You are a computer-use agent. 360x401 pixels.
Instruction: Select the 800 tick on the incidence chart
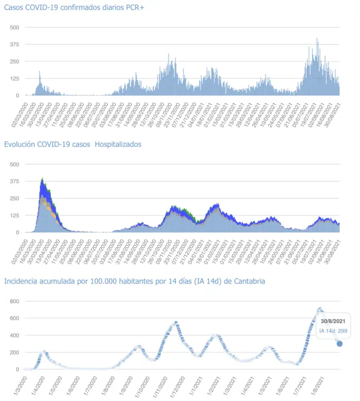tap(14, 301)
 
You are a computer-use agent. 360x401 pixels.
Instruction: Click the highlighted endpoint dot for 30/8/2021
tap(339, 344)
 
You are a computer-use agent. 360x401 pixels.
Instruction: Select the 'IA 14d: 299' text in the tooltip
tap(333, 331)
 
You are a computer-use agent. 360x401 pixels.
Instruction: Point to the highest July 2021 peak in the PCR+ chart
tap(317, 39)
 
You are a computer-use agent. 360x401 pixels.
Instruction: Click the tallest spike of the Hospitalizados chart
tap(42, 179)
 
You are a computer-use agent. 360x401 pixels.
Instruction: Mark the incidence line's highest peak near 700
tap(320, 309)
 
